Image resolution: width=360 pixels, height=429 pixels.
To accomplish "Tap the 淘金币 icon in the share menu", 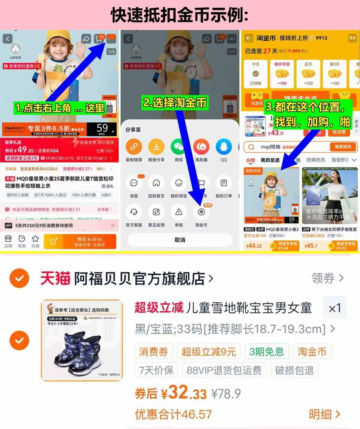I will [201, 212].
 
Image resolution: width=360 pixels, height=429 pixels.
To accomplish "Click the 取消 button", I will [180, 240].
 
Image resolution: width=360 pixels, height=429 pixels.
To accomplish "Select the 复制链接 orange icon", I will [134, 147].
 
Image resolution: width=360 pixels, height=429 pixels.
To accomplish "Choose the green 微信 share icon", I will [178, 147].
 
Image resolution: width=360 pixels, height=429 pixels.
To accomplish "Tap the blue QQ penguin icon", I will [223, 147].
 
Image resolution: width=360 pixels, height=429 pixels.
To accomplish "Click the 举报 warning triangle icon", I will [178, 212].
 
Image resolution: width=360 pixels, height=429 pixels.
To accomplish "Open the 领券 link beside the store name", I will [327, 278].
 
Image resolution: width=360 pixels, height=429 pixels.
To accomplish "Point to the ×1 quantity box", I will [334, 308].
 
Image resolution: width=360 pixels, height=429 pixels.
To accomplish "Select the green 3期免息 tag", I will [267, 352].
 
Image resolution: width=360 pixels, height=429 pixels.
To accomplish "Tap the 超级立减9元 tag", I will [209, 352].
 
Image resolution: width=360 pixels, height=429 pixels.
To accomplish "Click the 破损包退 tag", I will [294, 370].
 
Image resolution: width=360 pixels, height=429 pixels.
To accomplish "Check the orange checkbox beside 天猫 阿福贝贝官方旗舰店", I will [19, 278].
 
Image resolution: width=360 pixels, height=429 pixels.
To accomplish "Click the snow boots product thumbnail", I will [82, 340].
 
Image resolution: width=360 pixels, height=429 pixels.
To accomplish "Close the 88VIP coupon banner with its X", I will [113, 225].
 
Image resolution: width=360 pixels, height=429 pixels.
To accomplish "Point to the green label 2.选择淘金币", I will [175, 103].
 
